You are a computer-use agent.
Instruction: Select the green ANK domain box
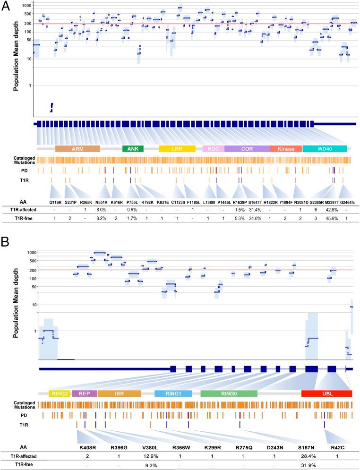pos(133,149)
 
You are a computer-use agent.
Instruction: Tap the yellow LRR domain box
pos(177,149)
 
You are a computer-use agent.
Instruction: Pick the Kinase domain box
pos(286,149)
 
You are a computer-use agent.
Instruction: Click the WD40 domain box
pos(324,149)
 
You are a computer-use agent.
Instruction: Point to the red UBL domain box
pos(327,393)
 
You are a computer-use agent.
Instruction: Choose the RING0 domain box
pos(229,393)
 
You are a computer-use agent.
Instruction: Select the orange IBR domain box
pos(119,393)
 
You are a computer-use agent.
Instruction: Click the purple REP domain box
pos(85,393)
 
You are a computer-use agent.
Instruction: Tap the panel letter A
pos(7,8)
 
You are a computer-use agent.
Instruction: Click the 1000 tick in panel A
pos(26,6)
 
